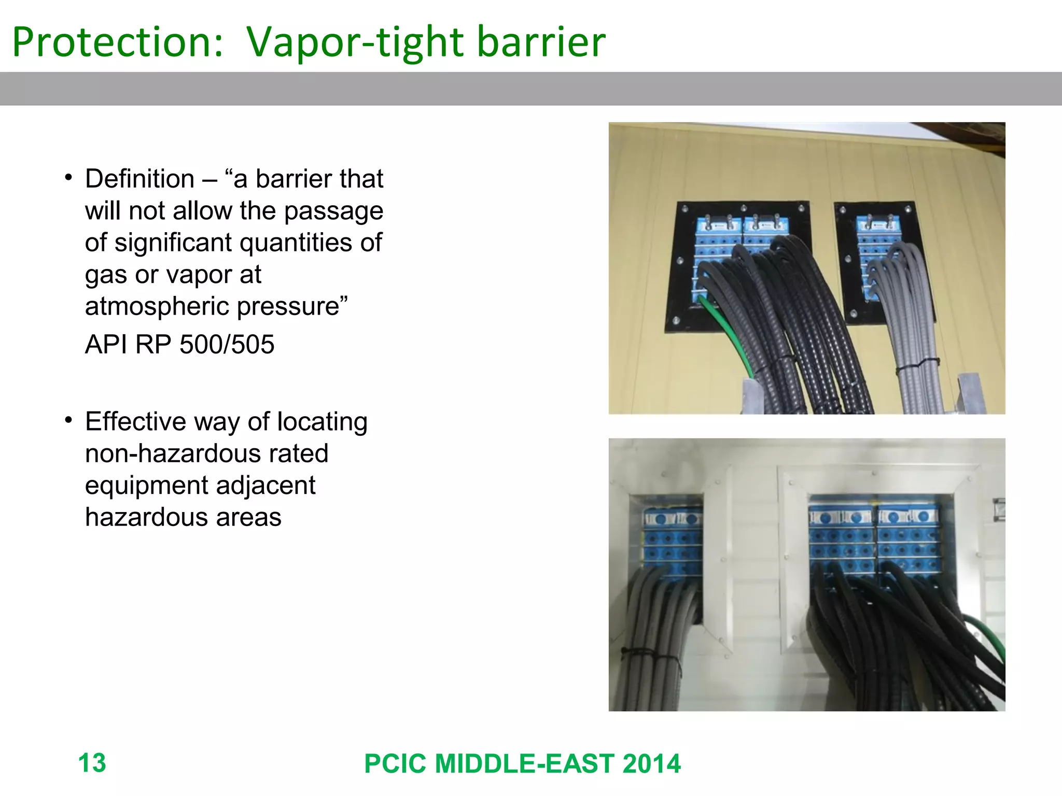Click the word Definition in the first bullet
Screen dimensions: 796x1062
click(x=140, y=179)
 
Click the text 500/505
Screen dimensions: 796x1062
click(x=227, y=345)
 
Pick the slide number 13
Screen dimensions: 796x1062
click(x=92, y=763)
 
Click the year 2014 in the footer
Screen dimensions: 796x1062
click(x=651, y=764)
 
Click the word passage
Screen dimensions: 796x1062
click(x=333, y=211)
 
